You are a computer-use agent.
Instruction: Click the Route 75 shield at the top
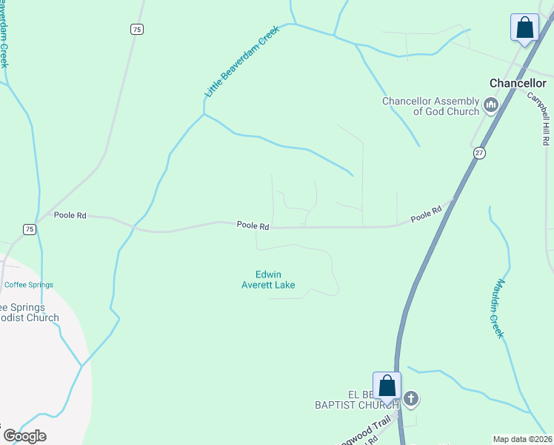coord(136,29)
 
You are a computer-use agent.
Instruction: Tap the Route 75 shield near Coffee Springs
coord(29,229)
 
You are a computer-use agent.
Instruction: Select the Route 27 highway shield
coord(479,152)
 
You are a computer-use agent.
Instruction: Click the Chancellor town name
coord(518,83)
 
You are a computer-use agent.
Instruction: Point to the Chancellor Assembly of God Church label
coord(430,106)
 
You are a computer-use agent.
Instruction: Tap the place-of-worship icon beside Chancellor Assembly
coord(490,106)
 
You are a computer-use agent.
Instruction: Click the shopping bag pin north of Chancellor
coord(524,28)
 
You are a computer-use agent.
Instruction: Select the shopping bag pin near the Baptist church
coord(387,386)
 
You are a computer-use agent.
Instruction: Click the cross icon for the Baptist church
coord(411,400)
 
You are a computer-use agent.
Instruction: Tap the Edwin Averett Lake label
coord(268,280)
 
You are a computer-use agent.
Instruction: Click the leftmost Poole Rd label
coord(70,215)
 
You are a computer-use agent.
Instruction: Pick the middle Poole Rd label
coord(253,225)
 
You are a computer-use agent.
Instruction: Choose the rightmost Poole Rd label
coord(426,214)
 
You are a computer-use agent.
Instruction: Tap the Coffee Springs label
coord(29,285)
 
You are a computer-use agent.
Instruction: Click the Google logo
coord(24,435)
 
